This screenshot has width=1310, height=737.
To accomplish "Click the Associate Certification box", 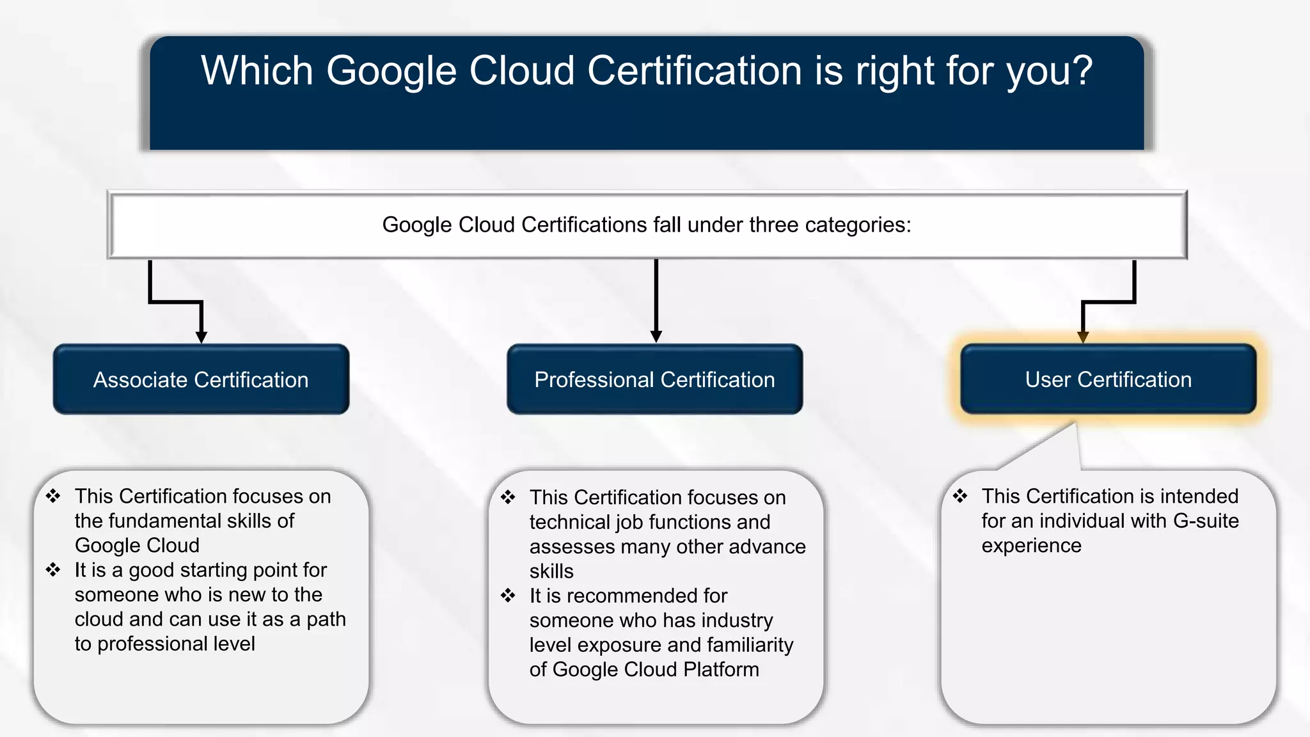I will click(201, 379).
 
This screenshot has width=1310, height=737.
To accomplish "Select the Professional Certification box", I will click(654, 379).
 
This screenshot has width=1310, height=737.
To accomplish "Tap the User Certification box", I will click(1108, 379).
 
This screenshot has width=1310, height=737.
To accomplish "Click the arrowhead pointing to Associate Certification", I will click(201, 337).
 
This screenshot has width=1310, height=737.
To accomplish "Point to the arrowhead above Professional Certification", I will click(656, 336).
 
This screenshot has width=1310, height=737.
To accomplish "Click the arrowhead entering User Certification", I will click(1083, 337).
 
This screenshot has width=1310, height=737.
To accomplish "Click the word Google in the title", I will click(391, 70).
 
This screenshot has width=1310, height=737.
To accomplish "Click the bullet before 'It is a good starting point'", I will click(53, 569).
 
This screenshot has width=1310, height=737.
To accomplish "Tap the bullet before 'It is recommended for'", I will click(508, 596).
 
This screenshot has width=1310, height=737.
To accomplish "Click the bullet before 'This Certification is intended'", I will click(960, 496).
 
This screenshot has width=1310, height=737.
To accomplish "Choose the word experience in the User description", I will click(1031, 546).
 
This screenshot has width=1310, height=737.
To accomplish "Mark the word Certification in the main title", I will click(694, 70).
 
